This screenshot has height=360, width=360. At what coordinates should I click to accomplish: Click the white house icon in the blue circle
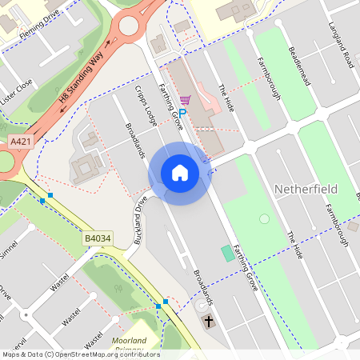click(x=180, y=173)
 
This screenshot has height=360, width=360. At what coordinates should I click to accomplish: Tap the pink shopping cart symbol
click(x=186, y=101)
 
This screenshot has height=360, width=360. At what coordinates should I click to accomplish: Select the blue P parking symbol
click(x=182, y=114)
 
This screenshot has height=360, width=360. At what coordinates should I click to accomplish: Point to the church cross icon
click(x=209, y=322)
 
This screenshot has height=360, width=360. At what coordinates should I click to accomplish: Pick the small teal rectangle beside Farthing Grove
click(x=229, y=253)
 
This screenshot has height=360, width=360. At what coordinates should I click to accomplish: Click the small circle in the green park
click(x=265, y=218)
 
